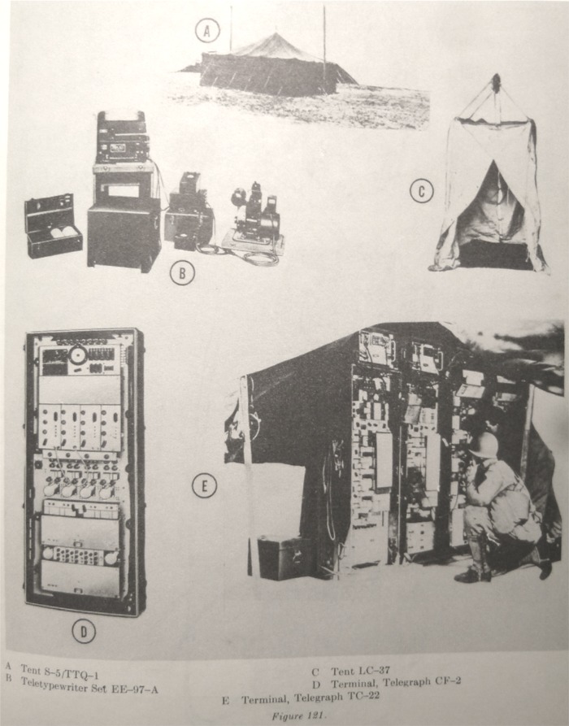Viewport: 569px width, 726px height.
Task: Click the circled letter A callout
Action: coord(207,31)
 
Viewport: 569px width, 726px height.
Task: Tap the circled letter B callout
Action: coord(182,273)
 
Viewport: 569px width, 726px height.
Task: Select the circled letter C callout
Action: coord(421,192)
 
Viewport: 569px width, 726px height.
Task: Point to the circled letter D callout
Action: coord(84,632)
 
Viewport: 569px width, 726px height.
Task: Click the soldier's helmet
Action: coord(484,445)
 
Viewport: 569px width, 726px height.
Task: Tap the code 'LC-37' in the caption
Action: coord(375,671)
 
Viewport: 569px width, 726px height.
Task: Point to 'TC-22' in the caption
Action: coord(363,696)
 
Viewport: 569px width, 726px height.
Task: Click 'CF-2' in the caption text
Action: coord(447,681)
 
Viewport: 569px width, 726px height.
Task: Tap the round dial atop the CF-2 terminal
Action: coord(78,355)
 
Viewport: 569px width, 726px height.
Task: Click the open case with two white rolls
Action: coord(54,226)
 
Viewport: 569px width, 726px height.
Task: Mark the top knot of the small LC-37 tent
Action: coord(496,81)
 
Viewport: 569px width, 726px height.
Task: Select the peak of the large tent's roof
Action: coord(276,34)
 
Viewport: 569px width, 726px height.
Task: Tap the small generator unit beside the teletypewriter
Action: coord(254,218)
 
